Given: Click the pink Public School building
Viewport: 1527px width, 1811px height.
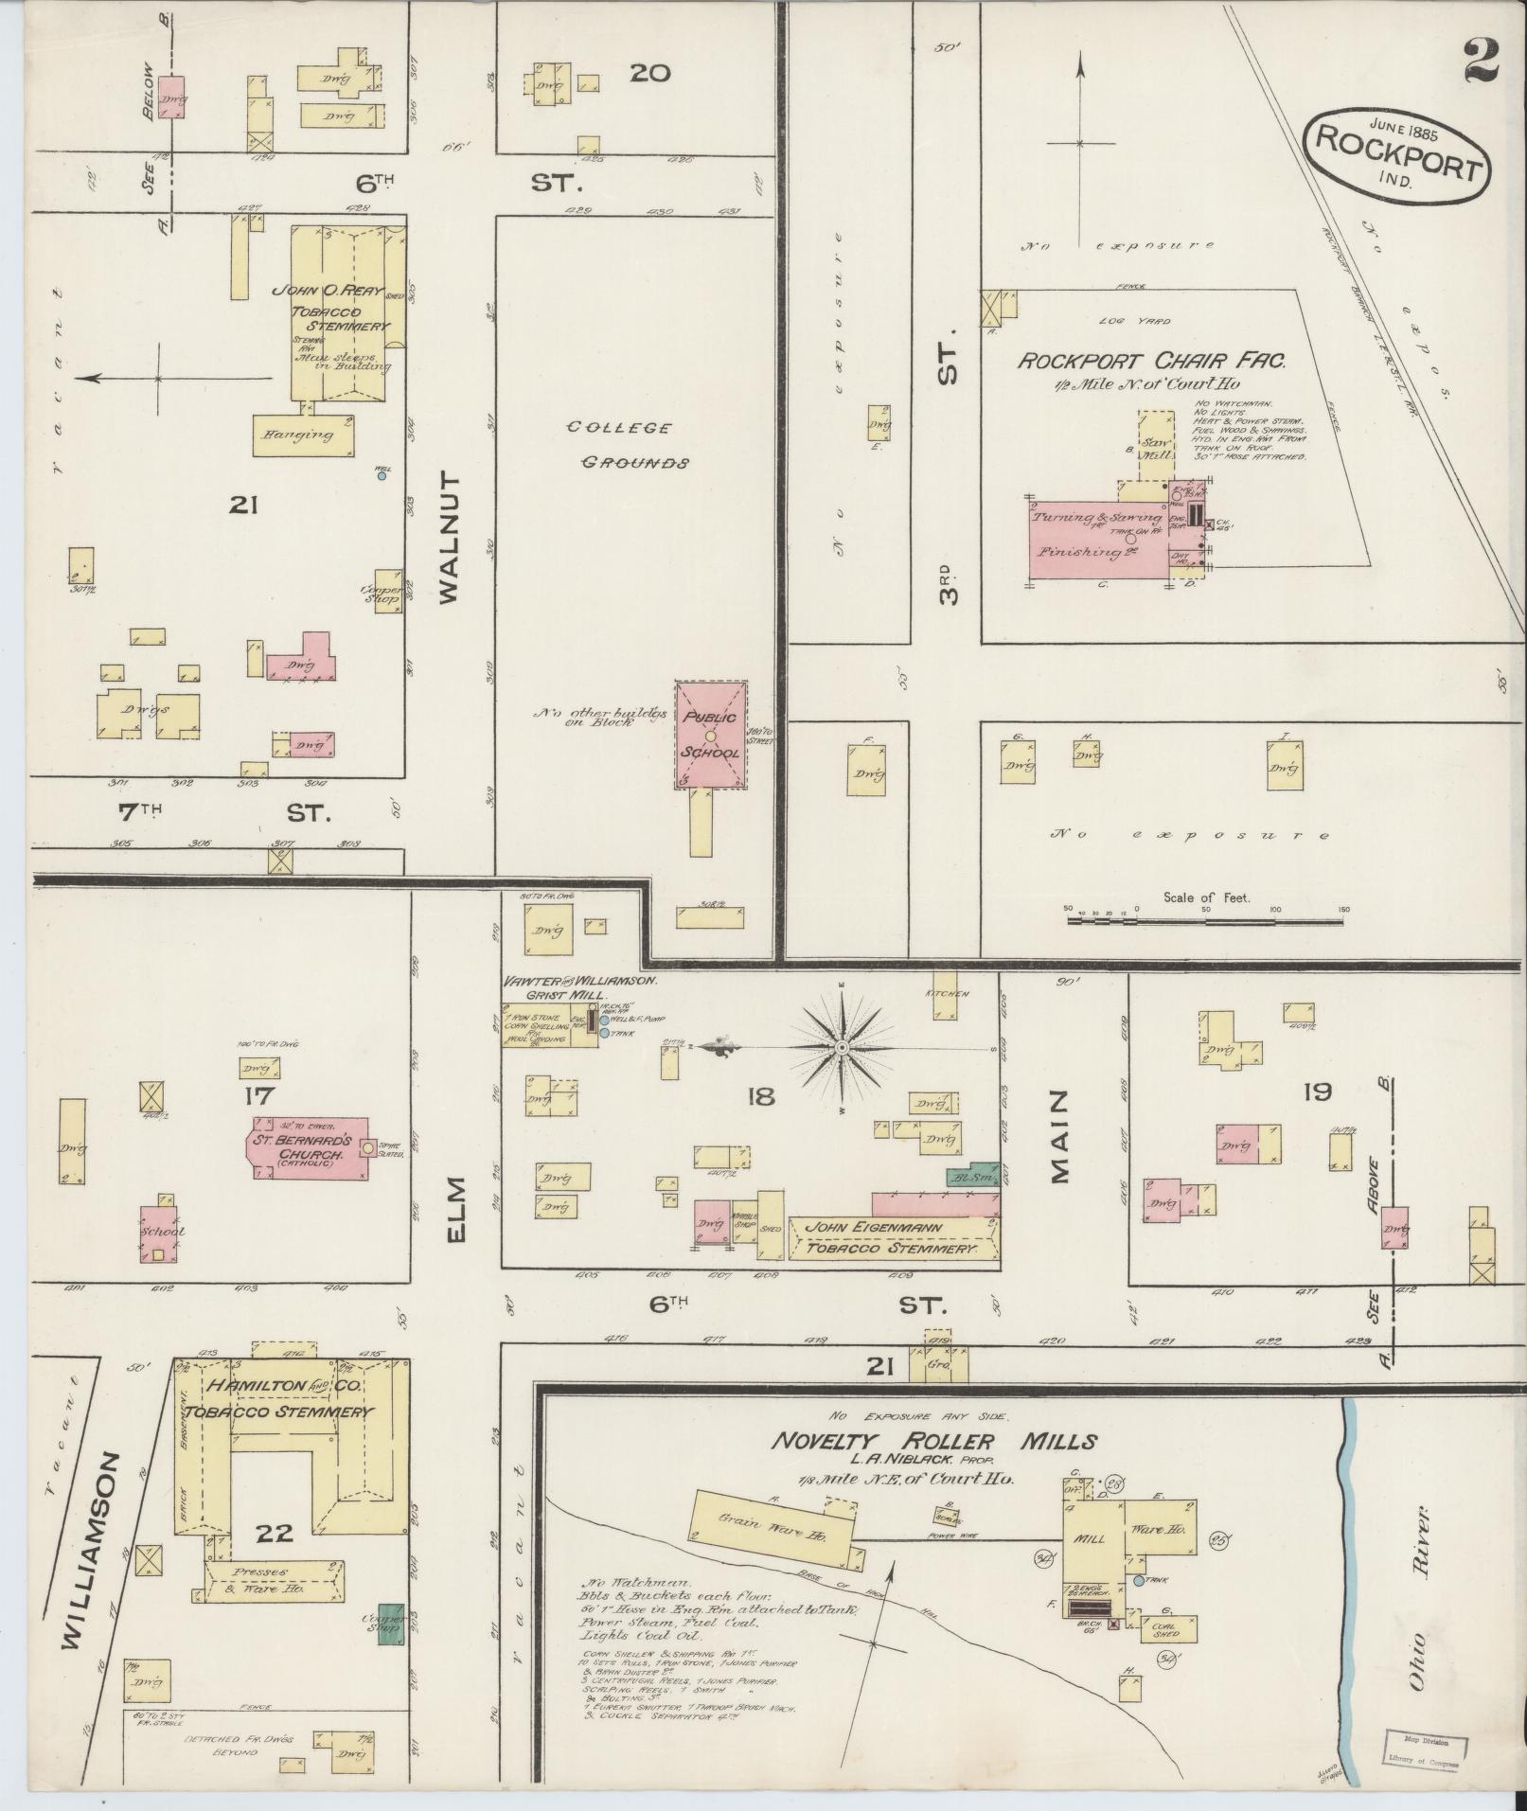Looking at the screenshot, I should [711, 734].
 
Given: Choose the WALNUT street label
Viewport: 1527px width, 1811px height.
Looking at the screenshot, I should [449, 537].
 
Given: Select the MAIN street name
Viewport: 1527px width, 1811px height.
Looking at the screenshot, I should [1058, 1136].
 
